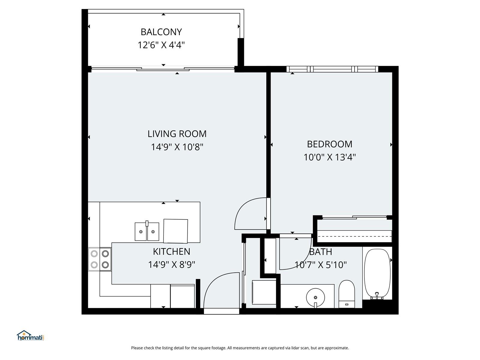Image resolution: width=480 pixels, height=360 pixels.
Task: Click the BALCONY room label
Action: pos(161,32)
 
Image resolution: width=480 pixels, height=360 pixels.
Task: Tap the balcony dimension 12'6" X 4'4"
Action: pos(161,45)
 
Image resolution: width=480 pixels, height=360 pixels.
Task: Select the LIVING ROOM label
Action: pos(177,134)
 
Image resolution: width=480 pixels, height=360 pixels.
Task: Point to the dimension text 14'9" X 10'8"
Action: pos(177,147)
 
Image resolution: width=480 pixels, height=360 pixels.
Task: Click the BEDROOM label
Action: pos(329,144)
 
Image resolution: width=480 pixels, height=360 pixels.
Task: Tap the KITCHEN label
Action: pos(171,252)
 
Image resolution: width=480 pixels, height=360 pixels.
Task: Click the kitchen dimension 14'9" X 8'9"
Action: pos(171,265)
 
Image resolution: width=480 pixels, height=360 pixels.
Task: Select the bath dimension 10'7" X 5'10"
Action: pos(321,265)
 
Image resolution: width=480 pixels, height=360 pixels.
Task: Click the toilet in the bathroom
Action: pos(346,294)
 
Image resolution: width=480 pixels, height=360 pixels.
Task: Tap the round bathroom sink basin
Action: pos(315,297)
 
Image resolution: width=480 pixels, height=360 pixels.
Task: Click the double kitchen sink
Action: pos(147,231)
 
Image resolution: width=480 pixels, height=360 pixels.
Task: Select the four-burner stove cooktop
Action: pos(100,259)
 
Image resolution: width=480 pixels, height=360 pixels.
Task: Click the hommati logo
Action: pos(30,335)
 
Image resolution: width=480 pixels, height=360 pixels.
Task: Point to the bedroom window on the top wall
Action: pos(332,69)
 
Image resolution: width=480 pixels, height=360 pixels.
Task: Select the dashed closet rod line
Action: pos(354,236)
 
